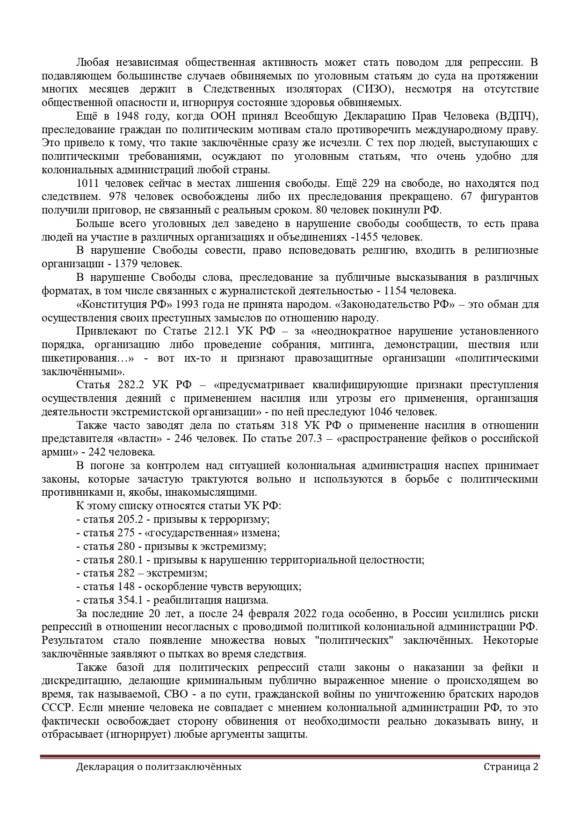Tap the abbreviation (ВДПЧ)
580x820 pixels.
click(x=517, y=116)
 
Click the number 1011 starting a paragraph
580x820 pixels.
click(x=87, y=183)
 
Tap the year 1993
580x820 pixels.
click(x=186, y=305)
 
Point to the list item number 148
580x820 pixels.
click(x=125, y=587)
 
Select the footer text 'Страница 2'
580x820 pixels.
click(x=511, y=767)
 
